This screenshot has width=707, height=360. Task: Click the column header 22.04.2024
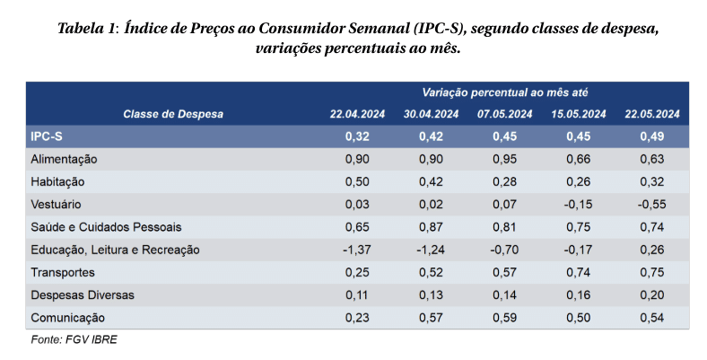[x=357, y=114]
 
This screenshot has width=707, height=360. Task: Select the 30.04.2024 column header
[x=431, y=114]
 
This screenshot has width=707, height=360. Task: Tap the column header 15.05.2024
[x=579, y=114]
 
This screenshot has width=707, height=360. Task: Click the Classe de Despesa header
[x=173, y=114]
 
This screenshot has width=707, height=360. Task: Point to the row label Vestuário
[x=56, y=205]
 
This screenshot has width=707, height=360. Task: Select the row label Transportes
[x=63, y=273]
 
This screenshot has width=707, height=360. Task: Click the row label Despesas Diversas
[x=83, y=295]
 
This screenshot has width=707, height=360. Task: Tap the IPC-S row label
[x=47, y=136]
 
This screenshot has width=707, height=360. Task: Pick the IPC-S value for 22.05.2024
[x=652, y=136]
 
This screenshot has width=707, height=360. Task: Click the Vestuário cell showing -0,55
[x=652, y=205]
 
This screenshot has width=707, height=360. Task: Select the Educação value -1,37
[x=357, y=250]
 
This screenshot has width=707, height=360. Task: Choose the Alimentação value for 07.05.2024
[x=504, y=159]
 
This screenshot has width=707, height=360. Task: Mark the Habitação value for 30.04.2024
[x=431, y=182]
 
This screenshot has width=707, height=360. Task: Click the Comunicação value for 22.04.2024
[x=357, y=318]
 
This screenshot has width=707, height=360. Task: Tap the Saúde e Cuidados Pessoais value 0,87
[x=431, y=227]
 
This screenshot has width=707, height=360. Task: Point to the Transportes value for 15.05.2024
[x=579, y=273]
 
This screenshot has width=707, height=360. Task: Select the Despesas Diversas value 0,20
[x=652, y=295]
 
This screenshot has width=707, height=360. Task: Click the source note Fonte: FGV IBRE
[x=74, y=339]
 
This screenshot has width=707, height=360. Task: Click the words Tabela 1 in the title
[x=86, y=29]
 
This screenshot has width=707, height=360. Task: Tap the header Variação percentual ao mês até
[x=505, y=93]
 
